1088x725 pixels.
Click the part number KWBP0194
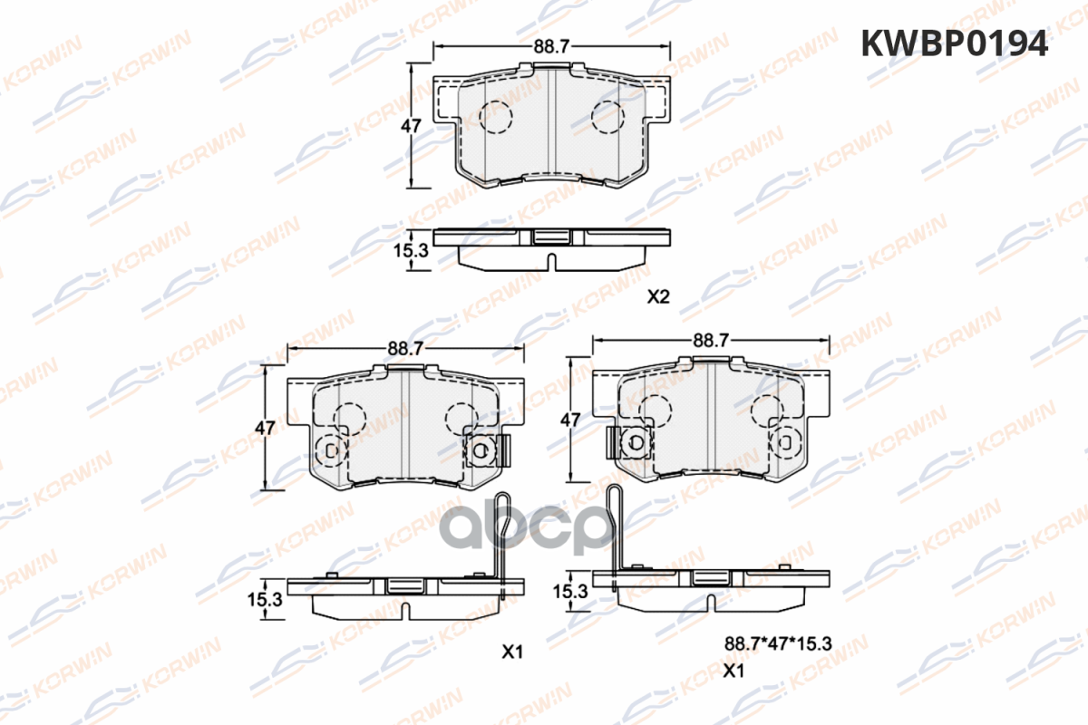955,43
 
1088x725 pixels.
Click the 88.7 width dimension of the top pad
551,46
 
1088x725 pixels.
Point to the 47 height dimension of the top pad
411,126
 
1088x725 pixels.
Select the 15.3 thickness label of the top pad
411,250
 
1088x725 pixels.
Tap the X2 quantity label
658,296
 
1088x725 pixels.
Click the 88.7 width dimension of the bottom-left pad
405,348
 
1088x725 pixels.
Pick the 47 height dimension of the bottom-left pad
265,428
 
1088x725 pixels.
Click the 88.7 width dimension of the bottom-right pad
711,341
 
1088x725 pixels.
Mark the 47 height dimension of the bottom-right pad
570,420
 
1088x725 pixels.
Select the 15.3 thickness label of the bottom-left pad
265,600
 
